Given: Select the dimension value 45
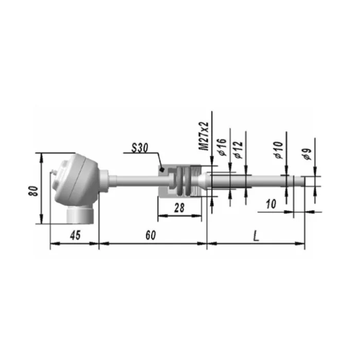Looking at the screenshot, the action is coord(75,236).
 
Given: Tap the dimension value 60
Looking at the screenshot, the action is coord(151,235).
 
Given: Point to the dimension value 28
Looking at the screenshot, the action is coord(179,208).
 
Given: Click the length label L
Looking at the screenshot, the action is coord(256,236).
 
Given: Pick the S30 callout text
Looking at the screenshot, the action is coord(139,148).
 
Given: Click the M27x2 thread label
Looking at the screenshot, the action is coord(204,136).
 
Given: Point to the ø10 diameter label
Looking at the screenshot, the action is coord(278,150).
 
